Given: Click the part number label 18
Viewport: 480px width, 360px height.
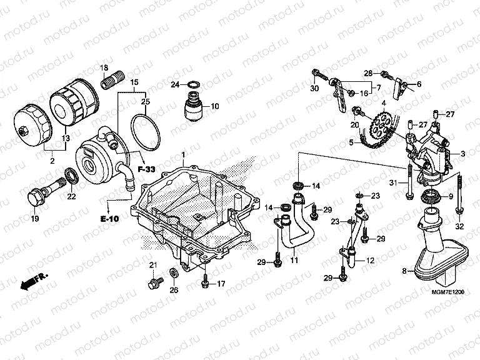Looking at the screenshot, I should click(x=104, y=67).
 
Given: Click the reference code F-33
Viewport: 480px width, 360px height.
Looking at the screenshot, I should click(x=146, y=169).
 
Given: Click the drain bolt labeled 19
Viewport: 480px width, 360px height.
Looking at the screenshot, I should click(x=36, y=199).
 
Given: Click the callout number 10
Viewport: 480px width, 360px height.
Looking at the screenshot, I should click(x=215, y=107).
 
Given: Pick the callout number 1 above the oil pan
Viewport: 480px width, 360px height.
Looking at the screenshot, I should click(x=183, y=154).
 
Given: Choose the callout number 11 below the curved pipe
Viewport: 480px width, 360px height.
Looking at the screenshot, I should click(x=294, y=258).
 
